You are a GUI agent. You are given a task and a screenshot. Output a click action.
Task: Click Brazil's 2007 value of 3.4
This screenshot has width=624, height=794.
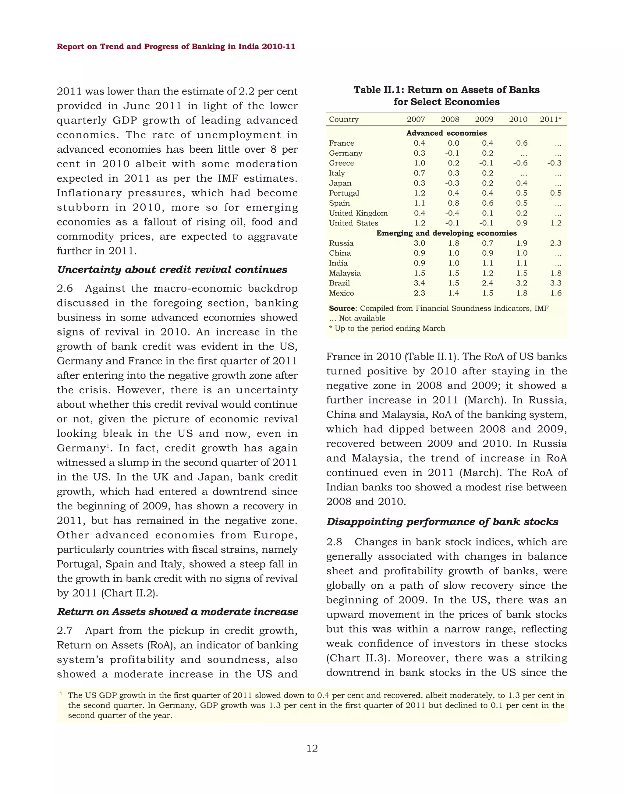coord(420,283)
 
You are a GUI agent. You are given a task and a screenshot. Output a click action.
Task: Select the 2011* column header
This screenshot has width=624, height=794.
coord(551,119)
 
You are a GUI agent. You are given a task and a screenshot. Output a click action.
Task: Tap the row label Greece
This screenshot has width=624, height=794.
coord(341,163)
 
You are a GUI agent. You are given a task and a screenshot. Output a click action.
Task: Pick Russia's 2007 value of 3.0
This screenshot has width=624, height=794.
coord(420,243)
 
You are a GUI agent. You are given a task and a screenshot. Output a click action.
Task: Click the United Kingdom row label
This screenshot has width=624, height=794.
coord(358,213)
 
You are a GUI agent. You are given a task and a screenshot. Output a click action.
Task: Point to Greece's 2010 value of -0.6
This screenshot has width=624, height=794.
coord(520,163)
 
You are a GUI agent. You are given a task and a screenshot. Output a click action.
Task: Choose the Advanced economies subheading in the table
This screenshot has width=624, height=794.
coord(446,133)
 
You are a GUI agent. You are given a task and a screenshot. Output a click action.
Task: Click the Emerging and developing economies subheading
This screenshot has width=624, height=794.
coord(446,233)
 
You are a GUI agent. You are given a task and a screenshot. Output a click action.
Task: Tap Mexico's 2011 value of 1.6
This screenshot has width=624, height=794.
coord(556,293)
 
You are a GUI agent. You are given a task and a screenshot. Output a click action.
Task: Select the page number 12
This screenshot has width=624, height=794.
coord(312,748)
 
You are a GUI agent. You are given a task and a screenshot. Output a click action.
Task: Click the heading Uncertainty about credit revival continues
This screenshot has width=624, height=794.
coord(172,270)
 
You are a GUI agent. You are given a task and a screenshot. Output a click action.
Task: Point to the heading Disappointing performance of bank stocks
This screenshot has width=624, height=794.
coord(442,522)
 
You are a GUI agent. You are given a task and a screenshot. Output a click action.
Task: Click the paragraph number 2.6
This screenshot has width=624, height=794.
coord(65,289)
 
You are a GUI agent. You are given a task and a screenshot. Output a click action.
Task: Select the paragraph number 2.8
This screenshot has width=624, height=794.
coord(334,542)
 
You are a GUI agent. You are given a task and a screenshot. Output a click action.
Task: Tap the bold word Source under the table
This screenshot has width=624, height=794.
coord(342,308)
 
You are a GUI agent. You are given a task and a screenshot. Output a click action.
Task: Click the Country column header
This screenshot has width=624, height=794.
coord(343,119)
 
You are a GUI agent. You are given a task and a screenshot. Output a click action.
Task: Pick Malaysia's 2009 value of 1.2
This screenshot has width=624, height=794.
coord(487,273)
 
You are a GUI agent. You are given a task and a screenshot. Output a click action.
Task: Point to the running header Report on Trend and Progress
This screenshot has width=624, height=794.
coord(176,47)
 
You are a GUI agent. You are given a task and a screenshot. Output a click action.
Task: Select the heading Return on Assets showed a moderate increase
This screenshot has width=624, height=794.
coord(178,612)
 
